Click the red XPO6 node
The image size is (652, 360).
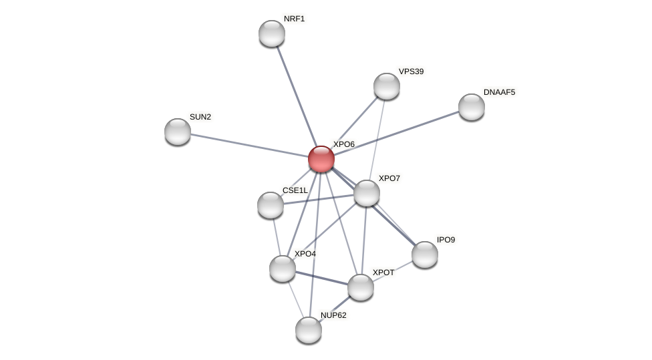click(321, 159)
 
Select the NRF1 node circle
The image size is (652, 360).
click(272, 33)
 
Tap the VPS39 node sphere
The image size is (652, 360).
click(387, 86)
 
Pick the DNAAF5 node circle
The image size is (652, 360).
click(472, 107)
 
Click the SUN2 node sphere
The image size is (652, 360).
click(178, 132)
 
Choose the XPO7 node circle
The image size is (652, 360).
click(367, 193)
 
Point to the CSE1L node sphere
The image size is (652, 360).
click(271, 205)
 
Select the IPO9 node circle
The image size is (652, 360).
click(425, 254)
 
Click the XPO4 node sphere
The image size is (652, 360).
click(283, 268)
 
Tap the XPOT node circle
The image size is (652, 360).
click(361, 287)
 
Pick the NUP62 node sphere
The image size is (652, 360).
click(309, 330)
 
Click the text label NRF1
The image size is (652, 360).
click(294, 19)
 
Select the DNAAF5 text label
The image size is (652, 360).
click(499, 92)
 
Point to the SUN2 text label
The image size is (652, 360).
click(200, 117)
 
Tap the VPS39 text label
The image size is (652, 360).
click(411, 71)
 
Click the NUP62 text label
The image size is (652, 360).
click(333, 315)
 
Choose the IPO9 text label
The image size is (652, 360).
click(446, 240)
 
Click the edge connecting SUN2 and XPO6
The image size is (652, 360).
click(249, 145)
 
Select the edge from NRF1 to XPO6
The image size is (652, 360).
click(297, 96)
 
